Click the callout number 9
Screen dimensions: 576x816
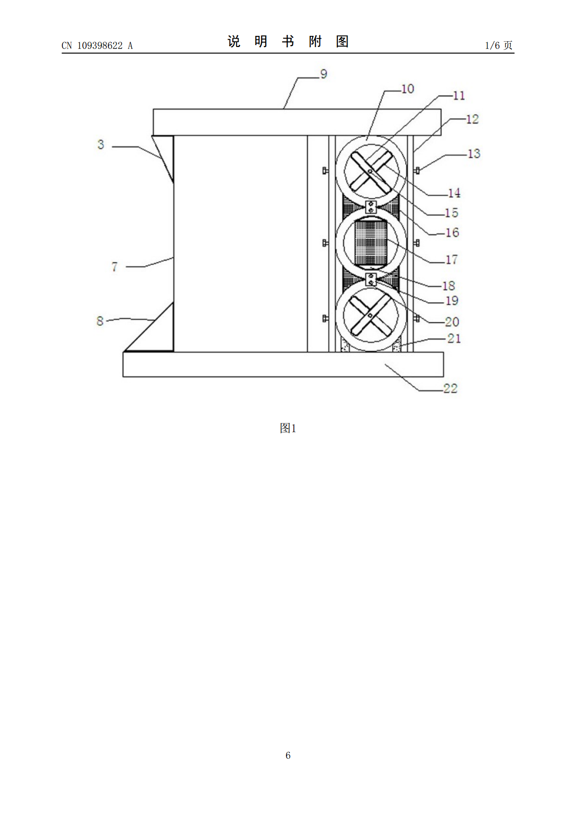click(323, 74)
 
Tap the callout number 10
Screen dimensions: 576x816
click(408, 89)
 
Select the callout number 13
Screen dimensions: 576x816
click(474, 154)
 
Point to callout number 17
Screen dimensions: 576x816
click(452, 260)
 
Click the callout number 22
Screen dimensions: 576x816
click(450, 389)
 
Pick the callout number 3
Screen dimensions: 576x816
click(101, 144)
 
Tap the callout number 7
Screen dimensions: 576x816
click(115, 267)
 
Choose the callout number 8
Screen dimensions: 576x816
click(100, 321)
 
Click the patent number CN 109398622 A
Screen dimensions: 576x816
click(97, 46)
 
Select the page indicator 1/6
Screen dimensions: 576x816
click(493, 45)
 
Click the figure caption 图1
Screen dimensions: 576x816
click(288, 428)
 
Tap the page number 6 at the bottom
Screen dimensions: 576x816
click(288, 755)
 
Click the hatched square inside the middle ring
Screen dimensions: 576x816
click(371, 242)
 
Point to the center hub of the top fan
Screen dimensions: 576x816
click(370, 171)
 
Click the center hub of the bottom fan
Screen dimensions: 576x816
click(370, 315)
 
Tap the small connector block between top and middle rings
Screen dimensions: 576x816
click(371, 207)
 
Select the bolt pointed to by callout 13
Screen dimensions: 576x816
click(417, 170)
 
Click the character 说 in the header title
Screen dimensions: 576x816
click(234, 42)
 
